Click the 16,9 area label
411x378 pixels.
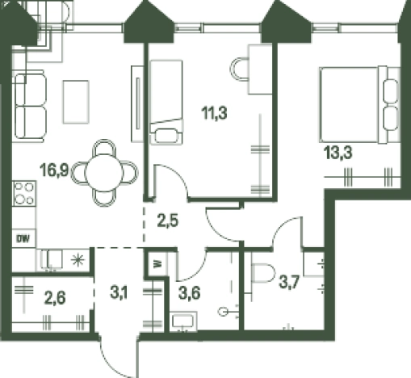(54, 170)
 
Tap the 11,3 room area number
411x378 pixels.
(214, 113)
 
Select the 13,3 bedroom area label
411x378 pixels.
(338, 153)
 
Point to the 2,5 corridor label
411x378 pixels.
(168, 221)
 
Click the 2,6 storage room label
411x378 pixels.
(55, 298)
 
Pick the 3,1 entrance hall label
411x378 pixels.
(119, 292)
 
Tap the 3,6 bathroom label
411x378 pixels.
(190, 293)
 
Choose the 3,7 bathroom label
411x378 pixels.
(289, 283)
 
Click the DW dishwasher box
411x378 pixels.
(23, 238)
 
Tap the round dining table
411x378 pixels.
(104, 173)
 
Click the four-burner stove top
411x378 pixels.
(24, 193)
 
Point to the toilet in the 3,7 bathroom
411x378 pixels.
(262, 273)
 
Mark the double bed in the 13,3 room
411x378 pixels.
(359, 104)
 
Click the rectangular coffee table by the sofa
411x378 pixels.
(76, 102)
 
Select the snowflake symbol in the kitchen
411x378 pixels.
(78, 260)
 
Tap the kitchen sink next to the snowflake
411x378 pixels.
(52, 259)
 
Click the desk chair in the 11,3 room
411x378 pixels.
(239, 69)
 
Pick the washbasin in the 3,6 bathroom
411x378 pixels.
(183, 321)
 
